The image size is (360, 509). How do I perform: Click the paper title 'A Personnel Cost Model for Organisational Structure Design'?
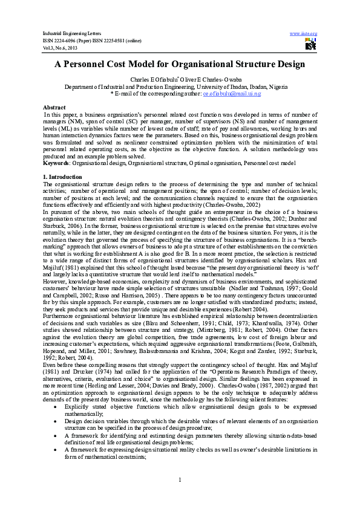pos(180,63)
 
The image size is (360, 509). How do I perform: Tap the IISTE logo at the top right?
pos(311,44)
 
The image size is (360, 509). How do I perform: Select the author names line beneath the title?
pos(180,80)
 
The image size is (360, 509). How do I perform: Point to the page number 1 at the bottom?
pos(180,480)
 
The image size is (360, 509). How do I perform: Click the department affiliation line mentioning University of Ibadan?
pos(180,87)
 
